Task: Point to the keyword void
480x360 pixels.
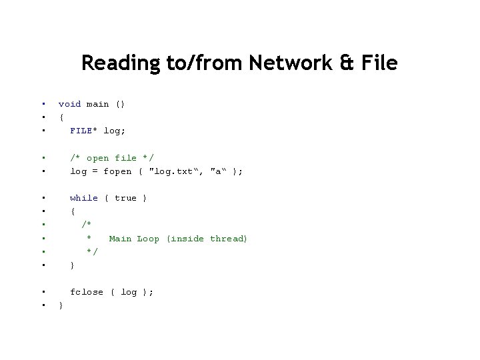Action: point(69,104)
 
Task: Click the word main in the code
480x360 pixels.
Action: point(97,104)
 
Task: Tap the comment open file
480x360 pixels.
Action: point(112,158)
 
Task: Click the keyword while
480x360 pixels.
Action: point(84,198)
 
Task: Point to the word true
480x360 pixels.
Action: point(125,198)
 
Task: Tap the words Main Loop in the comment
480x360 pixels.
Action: point(134,239)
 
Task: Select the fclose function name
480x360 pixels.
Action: point(87,292)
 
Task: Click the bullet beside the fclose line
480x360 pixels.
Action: point(43,292)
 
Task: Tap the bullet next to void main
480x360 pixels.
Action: point(43,104)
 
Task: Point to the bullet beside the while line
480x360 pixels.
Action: point(43,198)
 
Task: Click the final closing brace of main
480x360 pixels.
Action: point(61,306)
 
